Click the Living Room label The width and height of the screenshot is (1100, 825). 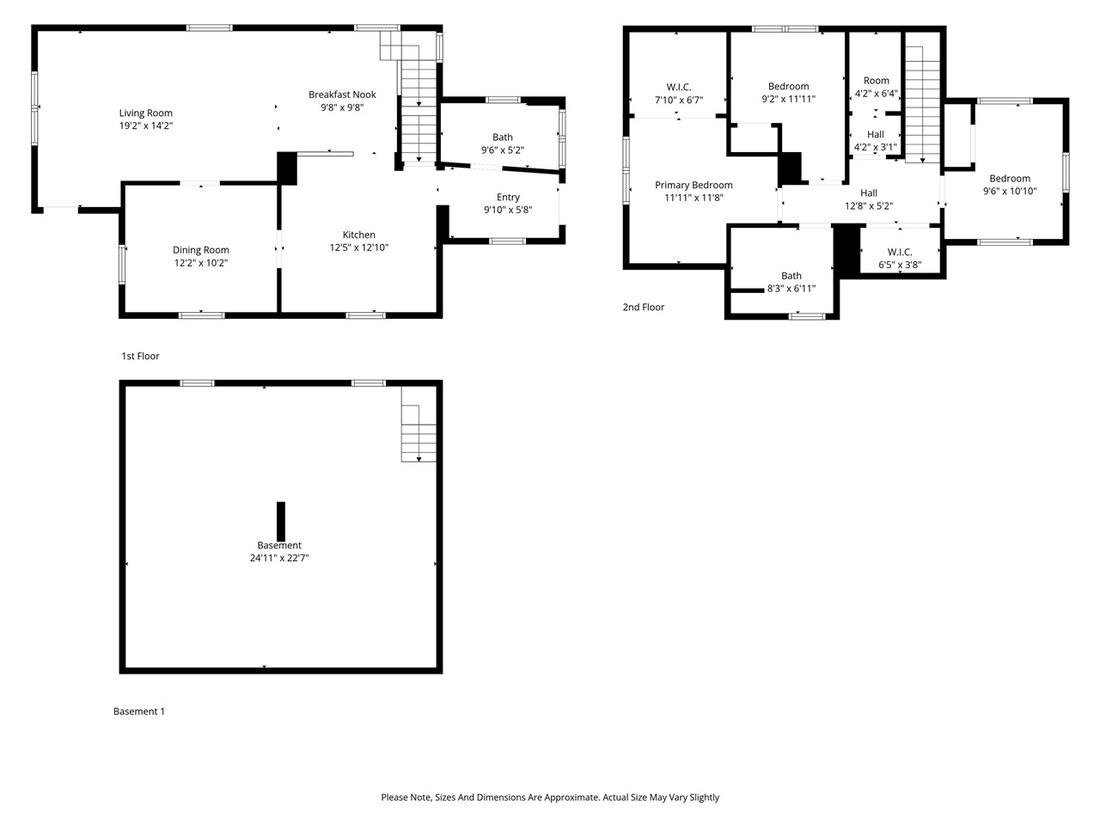145,113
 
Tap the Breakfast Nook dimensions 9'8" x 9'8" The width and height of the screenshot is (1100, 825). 342,107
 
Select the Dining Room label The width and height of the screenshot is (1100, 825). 200,250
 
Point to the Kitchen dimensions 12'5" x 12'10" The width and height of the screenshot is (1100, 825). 359,247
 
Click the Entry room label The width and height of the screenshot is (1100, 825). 508,197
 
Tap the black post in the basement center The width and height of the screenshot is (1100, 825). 281,521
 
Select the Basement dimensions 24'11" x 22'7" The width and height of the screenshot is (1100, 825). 279,558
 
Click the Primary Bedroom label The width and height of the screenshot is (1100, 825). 694,185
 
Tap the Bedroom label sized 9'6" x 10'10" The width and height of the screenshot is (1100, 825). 1010,179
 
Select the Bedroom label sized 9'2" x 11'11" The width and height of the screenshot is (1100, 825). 788,86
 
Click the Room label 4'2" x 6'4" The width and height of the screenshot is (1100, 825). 877,81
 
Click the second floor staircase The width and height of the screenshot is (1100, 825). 922,103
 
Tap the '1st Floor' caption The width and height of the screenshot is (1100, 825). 140,356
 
